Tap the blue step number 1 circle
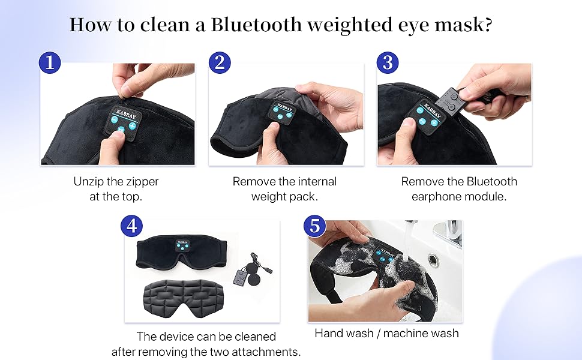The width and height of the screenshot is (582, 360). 50,62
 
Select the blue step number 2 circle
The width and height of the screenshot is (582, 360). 220,62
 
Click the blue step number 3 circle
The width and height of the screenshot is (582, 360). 388,62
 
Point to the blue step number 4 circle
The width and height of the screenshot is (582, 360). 132,226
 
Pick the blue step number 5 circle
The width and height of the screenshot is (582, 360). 314,226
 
